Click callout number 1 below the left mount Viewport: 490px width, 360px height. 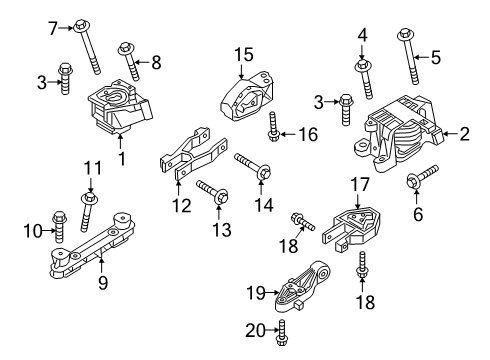121,158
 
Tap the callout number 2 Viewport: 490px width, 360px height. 465,132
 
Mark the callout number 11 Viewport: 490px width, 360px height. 91,167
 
